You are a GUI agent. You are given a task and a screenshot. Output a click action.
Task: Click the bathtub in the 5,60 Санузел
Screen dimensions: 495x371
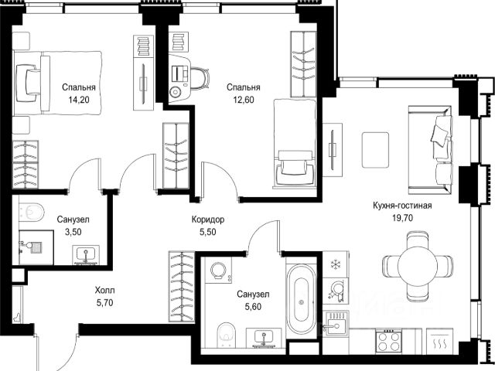(x=301, y=299)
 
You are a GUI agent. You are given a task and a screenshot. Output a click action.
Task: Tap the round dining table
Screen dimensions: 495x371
(x=418, y=266)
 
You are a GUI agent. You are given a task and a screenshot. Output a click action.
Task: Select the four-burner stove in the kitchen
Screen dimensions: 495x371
(x=388, y=341)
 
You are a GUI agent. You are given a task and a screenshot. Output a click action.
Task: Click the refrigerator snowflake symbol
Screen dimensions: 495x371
(x=334, y=264)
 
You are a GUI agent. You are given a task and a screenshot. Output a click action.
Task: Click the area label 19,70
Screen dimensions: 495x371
(x=402, y=218)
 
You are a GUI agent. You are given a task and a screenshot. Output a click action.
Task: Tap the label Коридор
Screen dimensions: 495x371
(x=208, y=220)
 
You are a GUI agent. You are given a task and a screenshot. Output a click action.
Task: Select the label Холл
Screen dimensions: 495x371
(x=105, y=290)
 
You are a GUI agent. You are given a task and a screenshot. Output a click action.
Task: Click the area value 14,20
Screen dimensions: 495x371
(x=79, y=100)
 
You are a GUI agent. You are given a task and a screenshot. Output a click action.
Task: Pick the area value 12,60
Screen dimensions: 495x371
(x=244, y=100)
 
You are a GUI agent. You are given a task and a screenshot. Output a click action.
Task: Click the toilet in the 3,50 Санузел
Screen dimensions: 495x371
(x=31, y=212)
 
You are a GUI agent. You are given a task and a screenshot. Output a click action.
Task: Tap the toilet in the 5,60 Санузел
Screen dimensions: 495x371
(x=227, y=334)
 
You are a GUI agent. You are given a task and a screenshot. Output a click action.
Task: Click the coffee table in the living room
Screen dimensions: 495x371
(x=375, y=150)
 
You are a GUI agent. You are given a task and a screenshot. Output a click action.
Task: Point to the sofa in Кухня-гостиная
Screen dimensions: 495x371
(x=430, y=150)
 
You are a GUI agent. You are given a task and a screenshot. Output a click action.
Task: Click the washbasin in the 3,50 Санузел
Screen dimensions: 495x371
(x=86, y=254)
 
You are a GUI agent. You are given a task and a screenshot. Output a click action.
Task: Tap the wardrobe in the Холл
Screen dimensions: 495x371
(x=182, y=287)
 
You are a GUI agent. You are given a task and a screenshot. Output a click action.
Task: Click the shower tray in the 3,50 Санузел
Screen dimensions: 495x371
(x=36, y=247)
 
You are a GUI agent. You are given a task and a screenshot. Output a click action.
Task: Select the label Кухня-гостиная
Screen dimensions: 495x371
(x=402, y=206)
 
